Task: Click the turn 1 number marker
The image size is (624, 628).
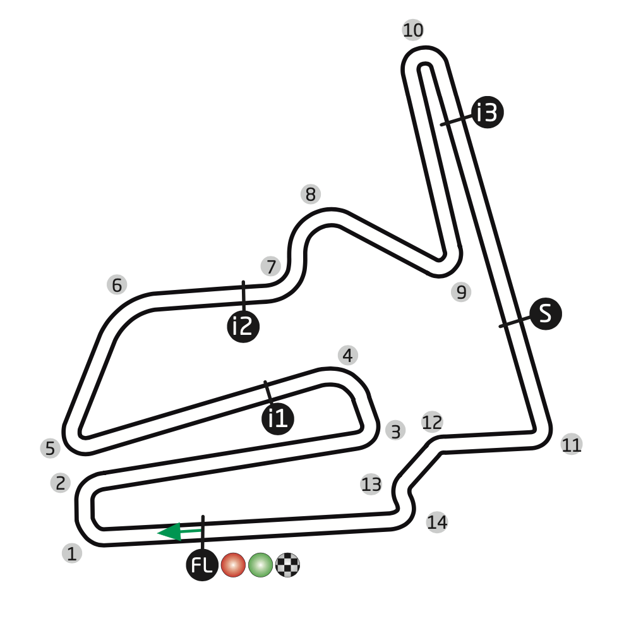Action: [72, 553]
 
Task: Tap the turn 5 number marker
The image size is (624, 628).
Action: [50, 448]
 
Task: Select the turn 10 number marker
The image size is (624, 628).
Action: [412, 30]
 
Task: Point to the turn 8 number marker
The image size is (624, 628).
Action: [310, 195]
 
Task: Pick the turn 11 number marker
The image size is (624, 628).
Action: [571, 445]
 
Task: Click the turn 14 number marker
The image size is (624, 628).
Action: [437, 522]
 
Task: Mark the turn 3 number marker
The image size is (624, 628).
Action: [395, 432]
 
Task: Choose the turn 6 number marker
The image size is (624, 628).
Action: [117, 285]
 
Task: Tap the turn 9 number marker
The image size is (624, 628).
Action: [461, 292]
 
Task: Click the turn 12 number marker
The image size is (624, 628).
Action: [433, 422]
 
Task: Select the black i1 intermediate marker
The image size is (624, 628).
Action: [278, 418]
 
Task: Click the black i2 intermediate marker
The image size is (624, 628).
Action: [243, 327]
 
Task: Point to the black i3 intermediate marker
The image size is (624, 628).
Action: [488, 112]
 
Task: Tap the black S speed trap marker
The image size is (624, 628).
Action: [546, 313]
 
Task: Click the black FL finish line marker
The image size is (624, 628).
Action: [202, 565]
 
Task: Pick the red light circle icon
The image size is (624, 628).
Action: [233, 565]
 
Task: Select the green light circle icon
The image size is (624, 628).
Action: [260, 565]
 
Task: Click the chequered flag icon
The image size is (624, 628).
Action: [287, 565]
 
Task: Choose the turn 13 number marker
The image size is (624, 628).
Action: [371, 485]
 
